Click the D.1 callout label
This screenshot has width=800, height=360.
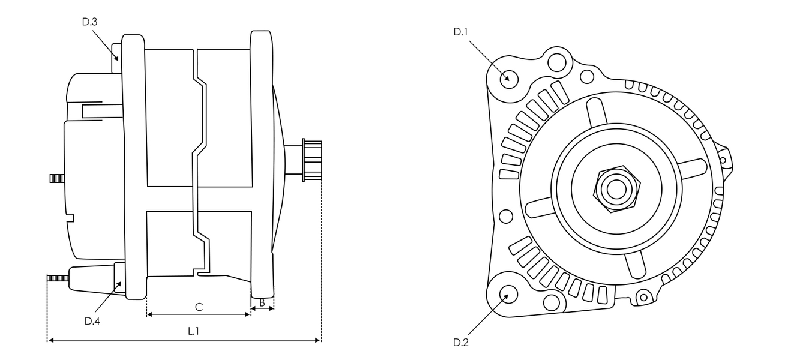[x=460, y=32]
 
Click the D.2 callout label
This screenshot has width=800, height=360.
[x=460, y=343]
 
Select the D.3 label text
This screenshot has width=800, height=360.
[x=89, y=22]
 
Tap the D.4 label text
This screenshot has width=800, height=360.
[x=92, y=321]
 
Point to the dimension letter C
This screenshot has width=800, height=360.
[x=199, y=307]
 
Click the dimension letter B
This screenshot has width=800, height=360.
[x=262, y=304]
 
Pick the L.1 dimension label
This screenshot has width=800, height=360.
[x=194, y=331]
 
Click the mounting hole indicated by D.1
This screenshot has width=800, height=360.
[x=508, y=78]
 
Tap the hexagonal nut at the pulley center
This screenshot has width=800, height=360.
[x=615, y=189]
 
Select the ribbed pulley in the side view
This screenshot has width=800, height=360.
[x=312, y=160]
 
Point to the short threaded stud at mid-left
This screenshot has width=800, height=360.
[x=57, y=178]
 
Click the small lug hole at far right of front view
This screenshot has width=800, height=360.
[x=723, y=161]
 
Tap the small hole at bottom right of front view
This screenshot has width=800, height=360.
[x=644, y=296]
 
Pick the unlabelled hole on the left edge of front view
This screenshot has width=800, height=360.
[x=506, y=215]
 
